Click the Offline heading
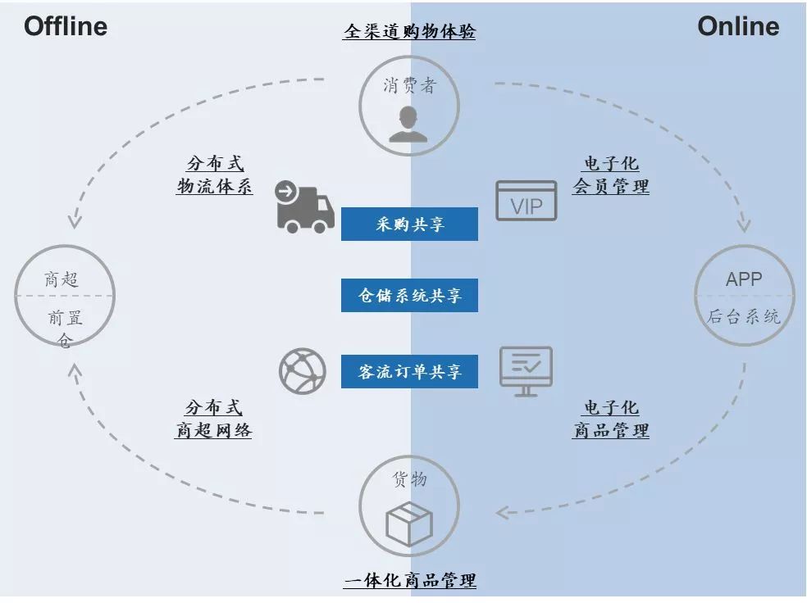[66, 26]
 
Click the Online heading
[738, 26]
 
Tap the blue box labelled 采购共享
[409, 224]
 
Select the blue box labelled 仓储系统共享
[409, 296]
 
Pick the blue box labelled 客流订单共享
[409, 371]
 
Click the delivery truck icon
[305, 206]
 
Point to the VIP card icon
[526, 201]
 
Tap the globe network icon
[302, 370]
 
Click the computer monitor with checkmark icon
[527, 370]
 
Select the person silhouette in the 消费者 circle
[408, 123]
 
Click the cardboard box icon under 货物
[409, 524]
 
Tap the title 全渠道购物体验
[409, 31]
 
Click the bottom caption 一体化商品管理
[409, 581]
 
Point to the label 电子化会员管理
[610, 175]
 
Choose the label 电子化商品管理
[610, 419]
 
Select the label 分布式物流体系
[214, 175]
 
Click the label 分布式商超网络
[213, 419]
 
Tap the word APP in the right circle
[744, 279]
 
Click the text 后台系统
[744, 316]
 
